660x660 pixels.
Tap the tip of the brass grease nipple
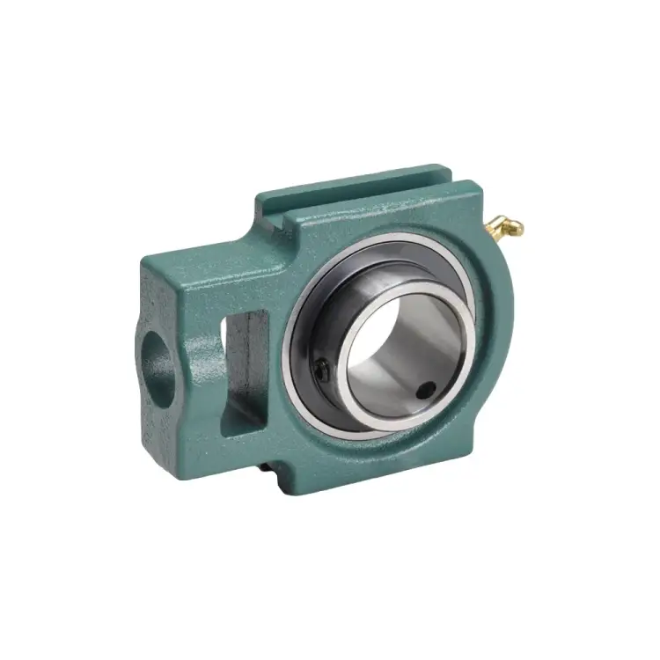click(518, 231)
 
